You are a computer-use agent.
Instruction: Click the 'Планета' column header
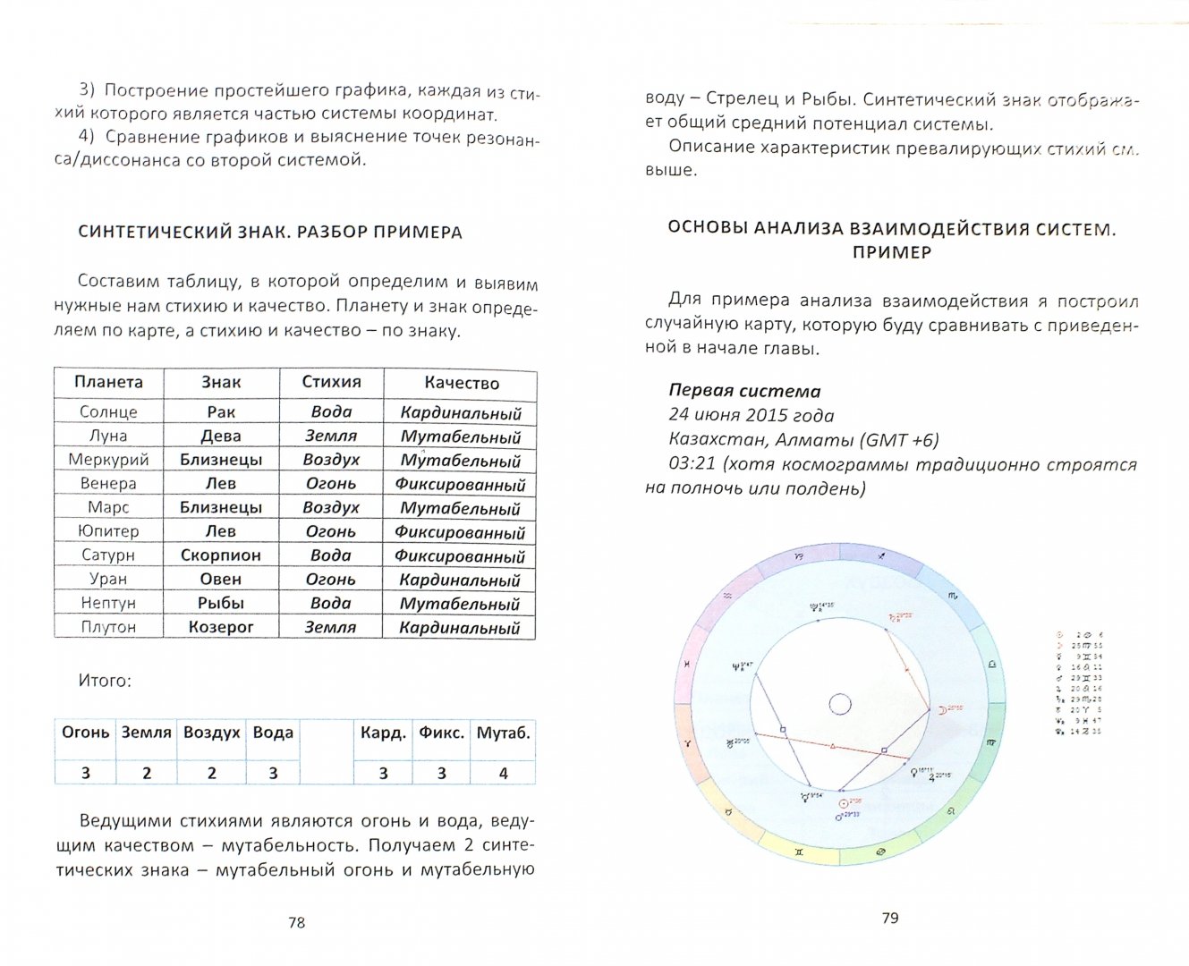[108, 382]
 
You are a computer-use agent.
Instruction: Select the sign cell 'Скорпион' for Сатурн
[220, 555]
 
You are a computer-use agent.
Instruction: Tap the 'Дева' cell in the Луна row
[220, 436]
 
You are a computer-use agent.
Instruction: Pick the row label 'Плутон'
[108, 627]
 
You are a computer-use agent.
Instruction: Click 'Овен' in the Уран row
[220, 579]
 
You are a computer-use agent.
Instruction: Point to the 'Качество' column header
[461, 383]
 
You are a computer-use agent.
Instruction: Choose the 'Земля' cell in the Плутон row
[331, 627]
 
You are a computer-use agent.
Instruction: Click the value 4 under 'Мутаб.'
[503, 773]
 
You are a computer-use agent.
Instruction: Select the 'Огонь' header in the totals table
[86, 733]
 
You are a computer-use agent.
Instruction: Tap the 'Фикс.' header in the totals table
[441, 733]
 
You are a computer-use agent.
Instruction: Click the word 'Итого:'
[105, 681]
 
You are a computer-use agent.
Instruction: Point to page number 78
[297, 922]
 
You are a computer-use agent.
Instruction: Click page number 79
[889, 918]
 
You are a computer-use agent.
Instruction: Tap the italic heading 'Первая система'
[744, 391]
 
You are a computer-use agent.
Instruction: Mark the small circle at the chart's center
[839, 705]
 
